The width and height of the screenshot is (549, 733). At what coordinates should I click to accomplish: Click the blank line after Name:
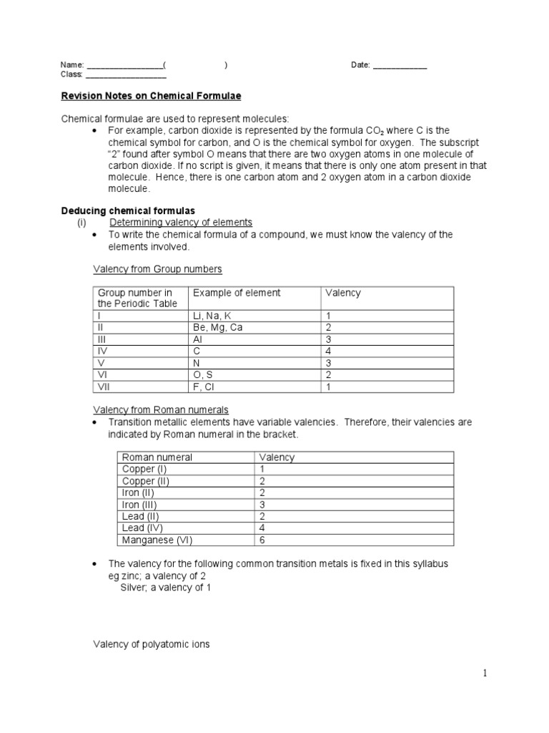124,66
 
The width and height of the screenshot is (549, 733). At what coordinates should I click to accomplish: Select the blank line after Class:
126,75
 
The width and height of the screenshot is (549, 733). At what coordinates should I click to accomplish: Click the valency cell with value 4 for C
329,351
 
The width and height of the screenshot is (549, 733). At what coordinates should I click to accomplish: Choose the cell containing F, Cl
203,387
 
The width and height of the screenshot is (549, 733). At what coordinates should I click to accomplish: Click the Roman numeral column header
157,457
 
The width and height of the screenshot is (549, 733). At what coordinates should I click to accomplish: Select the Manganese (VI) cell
157,540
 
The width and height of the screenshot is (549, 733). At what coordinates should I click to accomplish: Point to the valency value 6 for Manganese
262,540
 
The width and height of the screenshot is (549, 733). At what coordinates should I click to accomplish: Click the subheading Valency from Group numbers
157,269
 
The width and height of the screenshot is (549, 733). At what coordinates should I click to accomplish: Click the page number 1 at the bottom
484,673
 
